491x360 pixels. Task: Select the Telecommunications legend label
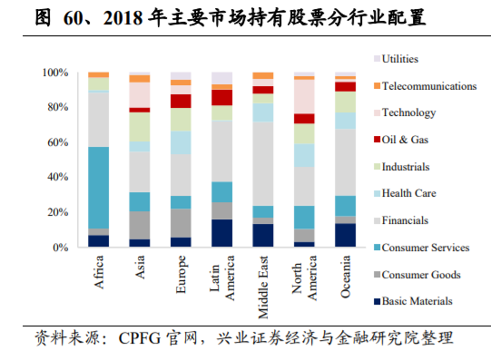pyautogui.click(x=428, y=86)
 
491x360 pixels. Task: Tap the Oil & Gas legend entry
pyautogui.click(x=406, y=140)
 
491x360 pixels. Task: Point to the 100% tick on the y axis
pyautogui.click(x=54, y=73)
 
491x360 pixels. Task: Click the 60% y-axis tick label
pyautogui.click(x=57, y=142)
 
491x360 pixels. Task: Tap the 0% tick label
pyautogui.click(x=60, y=248)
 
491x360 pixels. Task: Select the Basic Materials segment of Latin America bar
pyautogui.click(x=221, y=233)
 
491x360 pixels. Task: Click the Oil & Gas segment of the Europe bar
pyautogui.click(x=181, y=101)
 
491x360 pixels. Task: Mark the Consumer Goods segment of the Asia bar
pyautogui.click(x=140, y=225)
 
